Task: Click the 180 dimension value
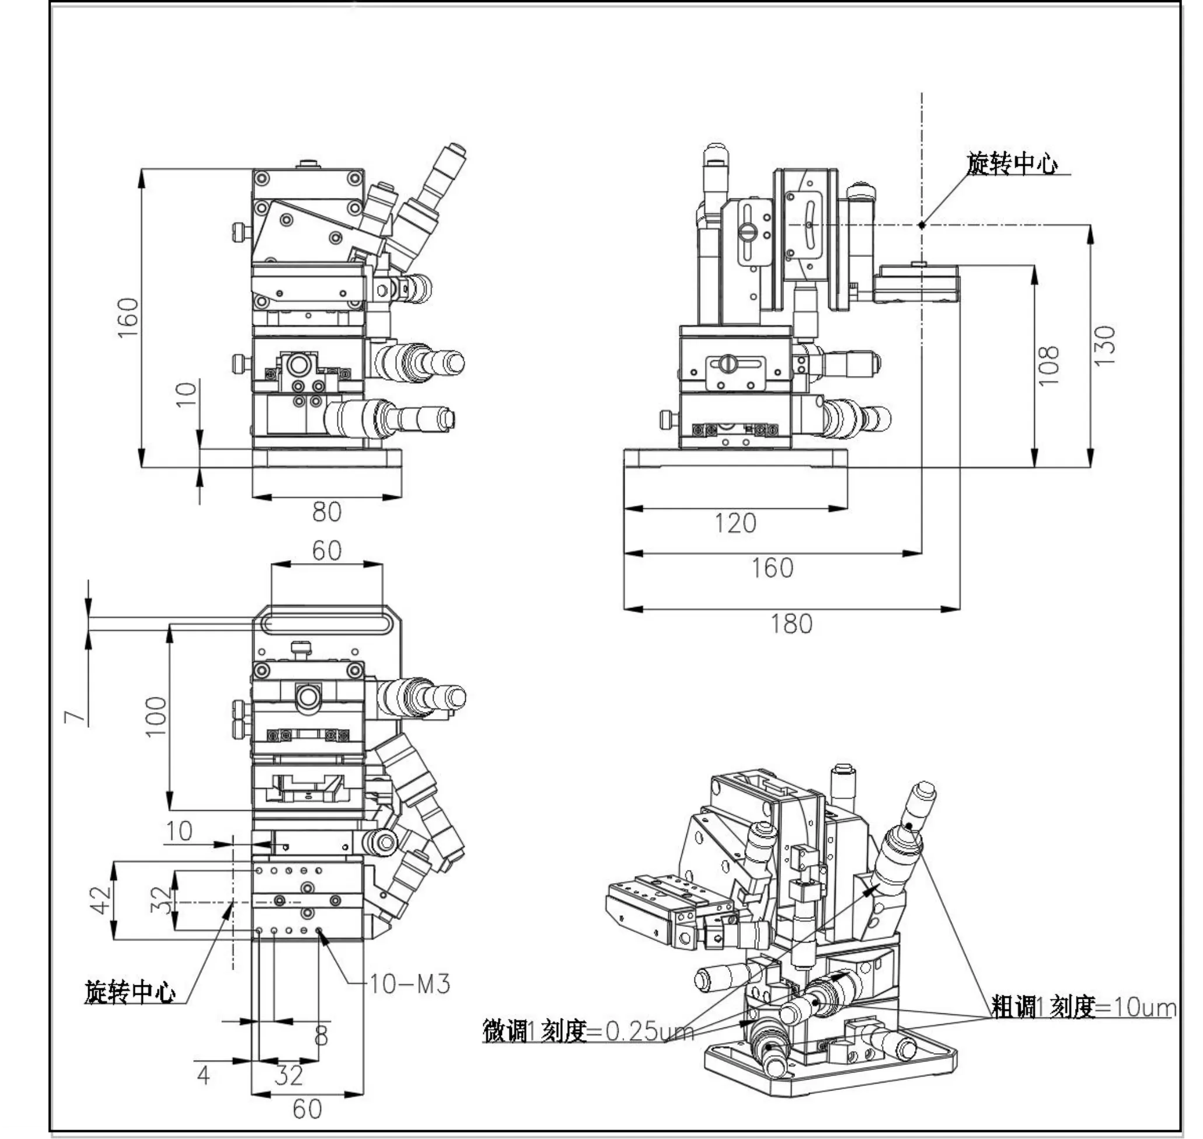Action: (x=791, y=624)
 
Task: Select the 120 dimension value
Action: (x=735, y=523)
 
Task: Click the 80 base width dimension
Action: (x=327, y=512)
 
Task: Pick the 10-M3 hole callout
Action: (x=410, y=984)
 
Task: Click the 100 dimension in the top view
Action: (x=156, y=716)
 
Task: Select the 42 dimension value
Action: (x=102, y=900)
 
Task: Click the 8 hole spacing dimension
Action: (x=322, y=1035)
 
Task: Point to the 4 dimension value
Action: (x=204, y=1076)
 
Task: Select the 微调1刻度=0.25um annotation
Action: (x=587, y=1031)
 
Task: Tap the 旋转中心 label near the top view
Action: (x=130, y=992)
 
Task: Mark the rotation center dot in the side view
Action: (x=922, y=225)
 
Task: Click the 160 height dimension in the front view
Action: (x=128, y=317)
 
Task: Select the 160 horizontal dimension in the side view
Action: (x=772, y=568)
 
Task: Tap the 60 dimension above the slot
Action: (x=326, y=551)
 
